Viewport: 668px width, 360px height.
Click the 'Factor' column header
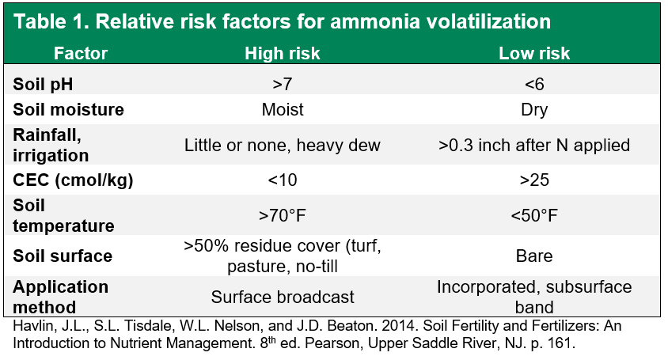81,54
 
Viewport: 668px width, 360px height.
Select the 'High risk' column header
283,54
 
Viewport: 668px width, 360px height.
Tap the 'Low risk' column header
534,54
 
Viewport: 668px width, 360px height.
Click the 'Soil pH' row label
43,85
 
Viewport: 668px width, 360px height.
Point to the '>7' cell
283,85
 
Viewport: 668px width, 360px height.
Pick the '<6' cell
534,85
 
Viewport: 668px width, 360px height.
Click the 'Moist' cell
283,110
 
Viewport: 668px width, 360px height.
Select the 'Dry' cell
534,110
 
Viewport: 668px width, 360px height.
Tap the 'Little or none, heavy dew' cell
283,146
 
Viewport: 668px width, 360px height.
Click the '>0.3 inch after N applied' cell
534,146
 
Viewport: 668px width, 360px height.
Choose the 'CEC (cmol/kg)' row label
73,180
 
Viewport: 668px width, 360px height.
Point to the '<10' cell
283,180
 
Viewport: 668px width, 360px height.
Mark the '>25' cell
534,180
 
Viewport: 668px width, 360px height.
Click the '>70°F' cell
283,215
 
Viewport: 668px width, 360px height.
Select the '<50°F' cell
534,215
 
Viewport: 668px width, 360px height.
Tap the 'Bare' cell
534,256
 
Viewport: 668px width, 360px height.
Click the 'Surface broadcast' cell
283,297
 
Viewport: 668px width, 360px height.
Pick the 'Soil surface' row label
63,256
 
